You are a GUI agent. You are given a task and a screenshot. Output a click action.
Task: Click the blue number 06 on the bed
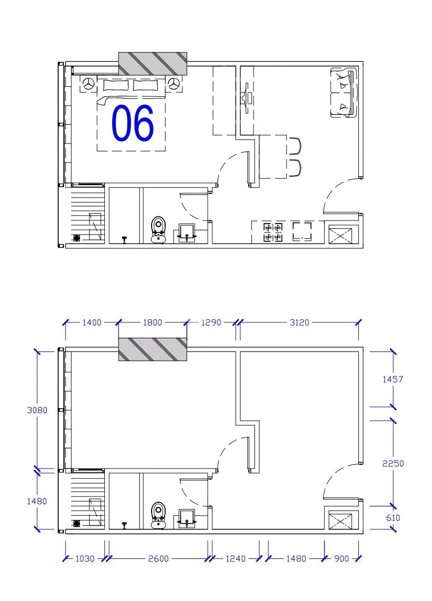click(133, 123)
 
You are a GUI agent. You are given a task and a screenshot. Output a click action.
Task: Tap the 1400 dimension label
click(92, 322)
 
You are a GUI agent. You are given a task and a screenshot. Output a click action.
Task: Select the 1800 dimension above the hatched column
click(152, 322)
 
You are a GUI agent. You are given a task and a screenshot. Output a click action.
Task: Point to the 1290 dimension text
click(211, 322)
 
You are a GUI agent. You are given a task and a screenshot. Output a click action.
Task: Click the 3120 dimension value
click(299, 322)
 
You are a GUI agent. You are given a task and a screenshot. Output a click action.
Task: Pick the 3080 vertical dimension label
click(37, 410)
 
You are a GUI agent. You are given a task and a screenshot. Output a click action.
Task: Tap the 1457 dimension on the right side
click(393, 379)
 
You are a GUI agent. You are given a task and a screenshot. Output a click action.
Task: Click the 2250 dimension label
click(393, 463)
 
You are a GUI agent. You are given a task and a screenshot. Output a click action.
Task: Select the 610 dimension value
click(393, 518)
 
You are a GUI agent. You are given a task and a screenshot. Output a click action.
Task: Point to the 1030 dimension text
click(85, 558)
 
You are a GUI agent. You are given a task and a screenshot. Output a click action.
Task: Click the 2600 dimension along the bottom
click(158, 558)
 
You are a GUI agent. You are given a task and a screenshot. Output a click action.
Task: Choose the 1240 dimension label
click(235, 558)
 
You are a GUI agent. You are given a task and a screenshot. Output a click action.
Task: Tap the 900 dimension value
click(342, 558)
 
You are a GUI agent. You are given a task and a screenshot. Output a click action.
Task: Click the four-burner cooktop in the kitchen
click(273, 233)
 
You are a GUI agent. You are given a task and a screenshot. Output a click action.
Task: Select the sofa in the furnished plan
click(344, 93)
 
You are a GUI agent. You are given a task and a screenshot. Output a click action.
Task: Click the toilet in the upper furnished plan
click(158, 230)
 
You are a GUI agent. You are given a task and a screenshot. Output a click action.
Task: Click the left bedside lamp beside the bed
click(89, 84)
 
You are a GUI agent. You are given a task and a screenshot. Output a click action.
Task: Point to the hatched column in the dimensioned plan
click(153, 349)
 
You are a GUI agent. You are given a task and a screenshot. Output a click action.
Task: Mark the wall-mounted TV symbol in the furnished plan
click(247, 98)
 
